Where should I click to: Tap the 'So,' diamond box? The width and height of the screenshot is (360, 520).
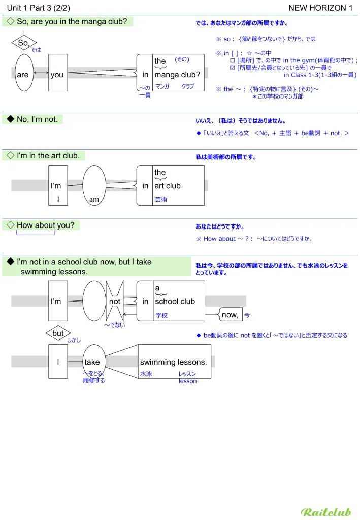pos(23,44)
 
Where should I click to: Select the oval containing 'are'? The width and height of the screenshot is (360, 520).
pos(23,74)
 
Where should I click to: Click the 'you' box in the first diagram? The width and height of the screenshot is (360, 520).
pos(58,74)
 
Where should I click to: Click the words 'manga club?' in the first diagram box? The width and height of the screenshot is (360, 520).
pos(177,75)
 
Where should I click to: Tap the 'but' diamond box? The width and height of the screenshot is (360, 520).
pos(58,333)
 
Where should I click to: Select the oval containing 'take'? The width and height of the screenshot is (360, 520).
pos(93,362)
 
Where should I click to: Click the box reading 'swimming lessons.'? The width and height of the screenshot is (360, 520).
pos(174,362)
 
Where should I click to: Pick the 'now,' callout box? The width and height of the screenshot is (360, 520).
pos(230,315)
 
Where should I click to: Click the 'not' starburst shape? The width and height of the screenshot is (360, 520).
pos(115,301)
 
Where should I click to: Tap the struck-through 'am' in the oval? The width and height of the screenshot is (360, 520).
pos(94,200)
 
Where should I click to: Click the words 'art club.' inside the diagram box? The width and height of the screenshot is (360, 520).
pos(169,186)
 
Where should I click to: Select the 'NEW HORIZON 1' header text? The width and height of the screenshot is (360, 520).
pos(320,7)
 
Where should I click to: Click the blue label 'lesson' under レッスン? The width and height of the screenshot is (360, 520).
pos(187,381)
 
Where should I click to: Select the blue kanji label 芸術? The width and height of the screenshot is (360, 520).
pos(161,200)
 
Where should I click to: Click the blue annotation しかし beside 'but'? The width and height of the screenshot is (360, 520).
pos(74,340)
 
